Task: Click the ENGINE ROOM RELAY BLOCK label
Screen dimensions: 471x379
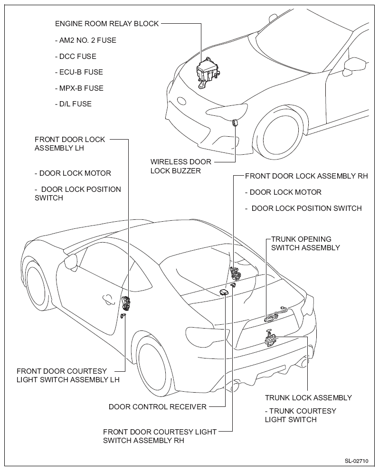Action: click(107, 23)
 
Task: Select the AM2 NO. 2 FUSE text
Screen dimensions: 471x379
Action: click(85, 40)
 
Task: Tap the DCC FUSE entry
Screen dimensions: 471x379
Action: click(76, 57)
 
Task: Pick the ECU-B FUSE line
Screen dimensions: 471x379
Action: click(79, 72)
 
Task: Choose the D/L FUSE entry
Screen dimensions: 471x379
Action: click(73, 104)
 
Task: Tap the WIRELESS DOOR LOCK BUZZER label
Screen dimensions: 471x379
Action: click(180, 166)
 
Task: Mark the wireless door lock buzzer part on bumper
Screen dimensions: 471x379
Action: click(235, 122)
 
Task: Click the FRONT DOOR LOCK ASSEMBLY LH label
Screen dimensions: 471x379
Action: click(70, 143)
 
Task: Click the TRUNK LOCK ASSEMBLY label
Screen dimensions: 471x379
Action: click(308, 398)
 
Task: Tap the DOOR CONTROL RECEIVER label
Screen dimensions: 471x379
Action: click(158, 406)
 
